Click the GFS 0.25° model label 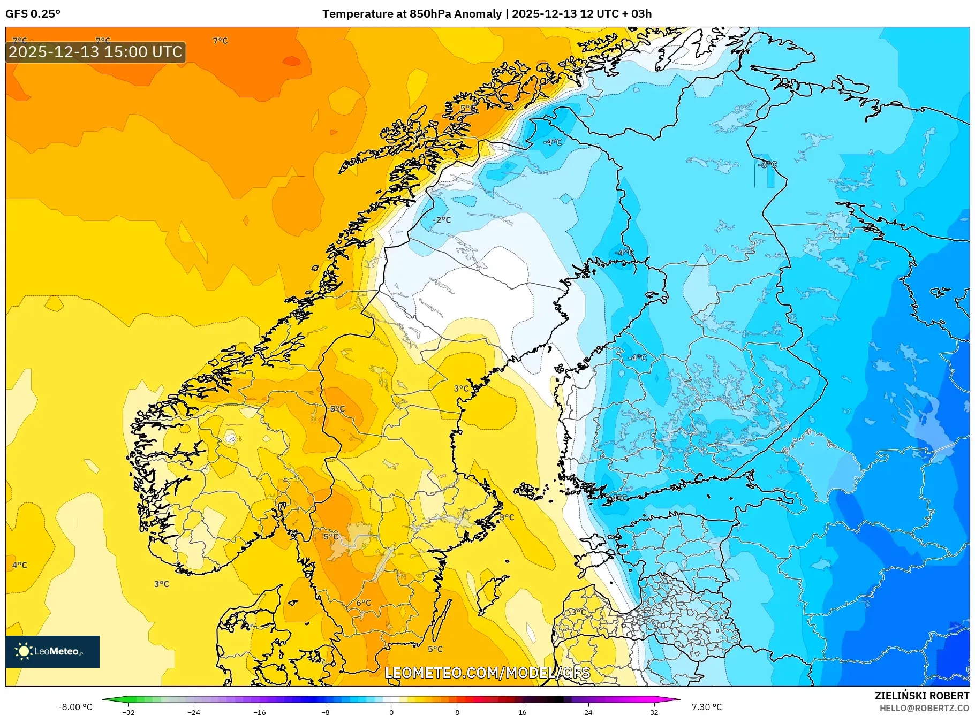33,14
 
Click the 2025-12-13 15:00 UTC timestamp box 96,52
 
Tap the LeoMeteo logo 52,651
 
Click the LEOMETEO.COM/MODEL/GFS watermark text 487,673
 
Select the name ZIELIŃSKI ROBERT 921,696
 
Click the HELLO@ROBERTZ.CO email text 924,708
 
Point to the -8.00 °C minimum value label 75,707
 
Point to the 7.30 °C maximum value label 707,707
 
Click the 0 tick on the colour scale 391,712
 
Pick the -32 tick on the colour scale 129,712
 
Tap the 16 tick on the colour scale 523,712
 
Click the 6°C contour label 364,603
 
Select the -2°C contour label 442,220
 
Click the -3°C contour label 768,164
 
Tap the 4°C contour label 20,565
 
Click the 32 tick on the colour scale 654,712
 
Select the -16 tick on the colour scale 260,712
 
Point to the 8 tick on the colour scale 457,712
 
